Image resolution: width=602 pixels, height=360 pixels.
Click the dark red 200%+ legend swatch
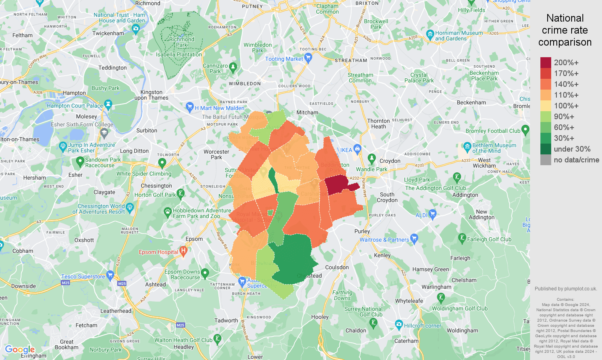[x=546, y=63]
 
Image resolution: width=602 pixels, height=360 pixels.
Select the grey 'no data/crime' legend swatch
[x=546, y=160]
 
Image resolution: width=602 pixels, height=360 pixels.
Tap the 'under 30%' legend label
[x=572, y=149]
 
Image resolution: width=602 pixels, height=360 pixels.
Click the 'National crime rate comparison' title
[x=565, y=30]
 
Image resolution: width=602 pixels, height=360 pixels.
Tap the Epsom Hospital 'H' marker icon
[x=184, y=252]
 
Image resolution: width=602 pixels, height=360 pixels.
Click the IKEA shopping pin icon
[x=358, y=149]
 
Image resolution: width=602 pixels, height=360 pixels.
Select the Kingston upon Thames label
[x=152, y=95]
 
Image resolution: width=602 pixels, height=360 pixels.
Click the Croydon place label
[x=390, y=161]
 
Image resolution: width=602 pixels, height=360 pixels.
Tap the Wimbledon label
[x=245, y=84]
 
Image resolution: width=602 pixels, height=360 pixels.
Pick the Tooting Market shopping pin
[x=308, y=58]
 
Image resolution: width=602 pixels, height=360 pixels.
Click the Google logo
[x=20, y=350]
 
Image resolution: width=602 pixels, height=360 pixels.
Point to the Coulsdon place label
[x=337, y=267]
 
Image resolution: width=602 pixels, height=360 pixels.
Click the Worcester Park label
[x=216, y=154]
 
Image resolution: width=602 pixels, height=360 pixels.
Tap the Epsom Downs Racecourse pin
[x=205, y=274]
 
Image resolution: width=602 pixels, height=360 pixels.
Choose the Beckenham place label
[x=471, y=102]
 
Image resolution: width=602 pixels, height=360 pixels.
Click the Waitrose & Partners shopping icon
[x=414, y=239]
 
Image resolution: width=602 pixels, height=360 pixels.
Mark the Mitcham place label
[x=307, y=112]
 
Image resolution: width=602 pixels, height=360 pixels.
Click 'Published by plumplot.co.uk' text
[x=566, y=289]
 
